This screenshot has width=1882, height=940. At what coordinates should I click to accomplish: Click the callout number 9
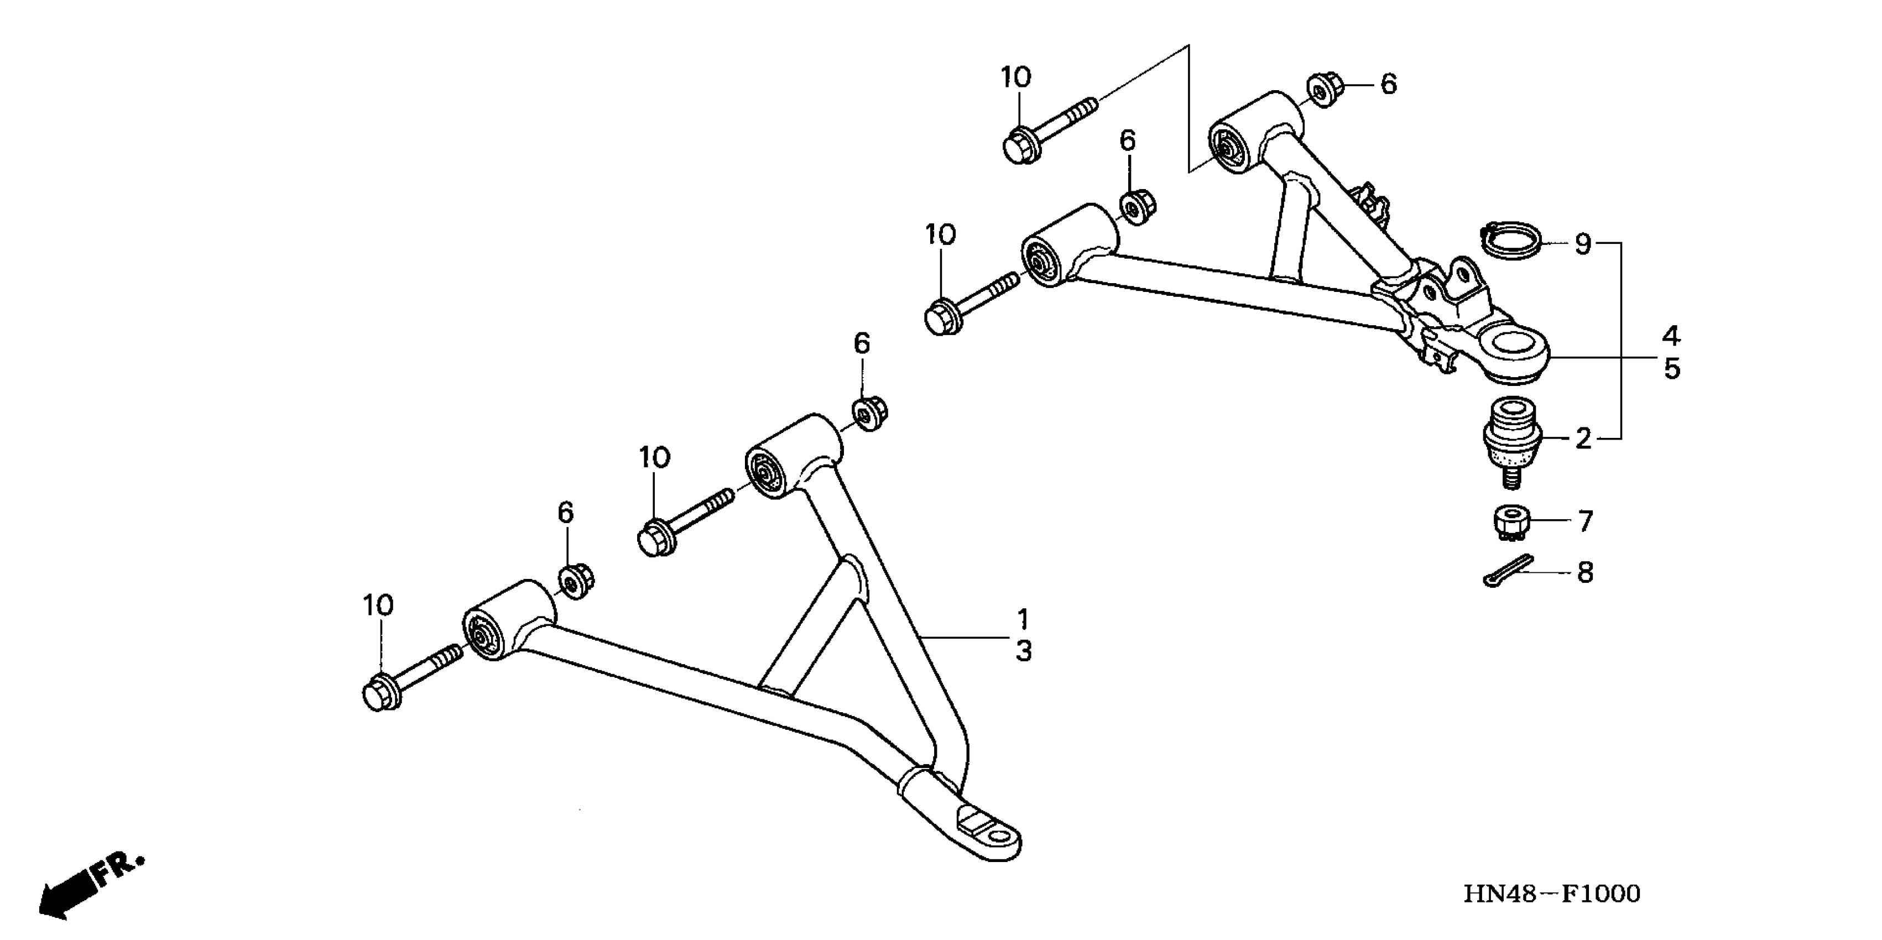pos(1582,244)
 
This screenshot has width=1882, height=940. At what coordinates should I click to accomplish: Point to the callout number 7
pos(1584,521)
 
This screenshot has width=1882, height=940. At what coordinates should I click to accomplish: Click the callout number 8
pos(1584,573)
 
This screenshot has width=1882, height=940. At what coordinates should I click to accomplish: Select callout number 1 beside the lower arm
pos(1023,619)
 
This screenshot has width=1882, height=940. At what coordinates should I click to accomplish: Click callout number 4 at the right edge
pos(1672,337)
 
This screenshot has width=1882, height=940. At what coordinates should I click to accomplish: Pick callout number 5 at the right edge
pos(1672,369)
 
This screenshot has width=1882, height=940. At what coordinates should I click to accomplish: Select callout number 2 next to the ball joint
pos(1582,438)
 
